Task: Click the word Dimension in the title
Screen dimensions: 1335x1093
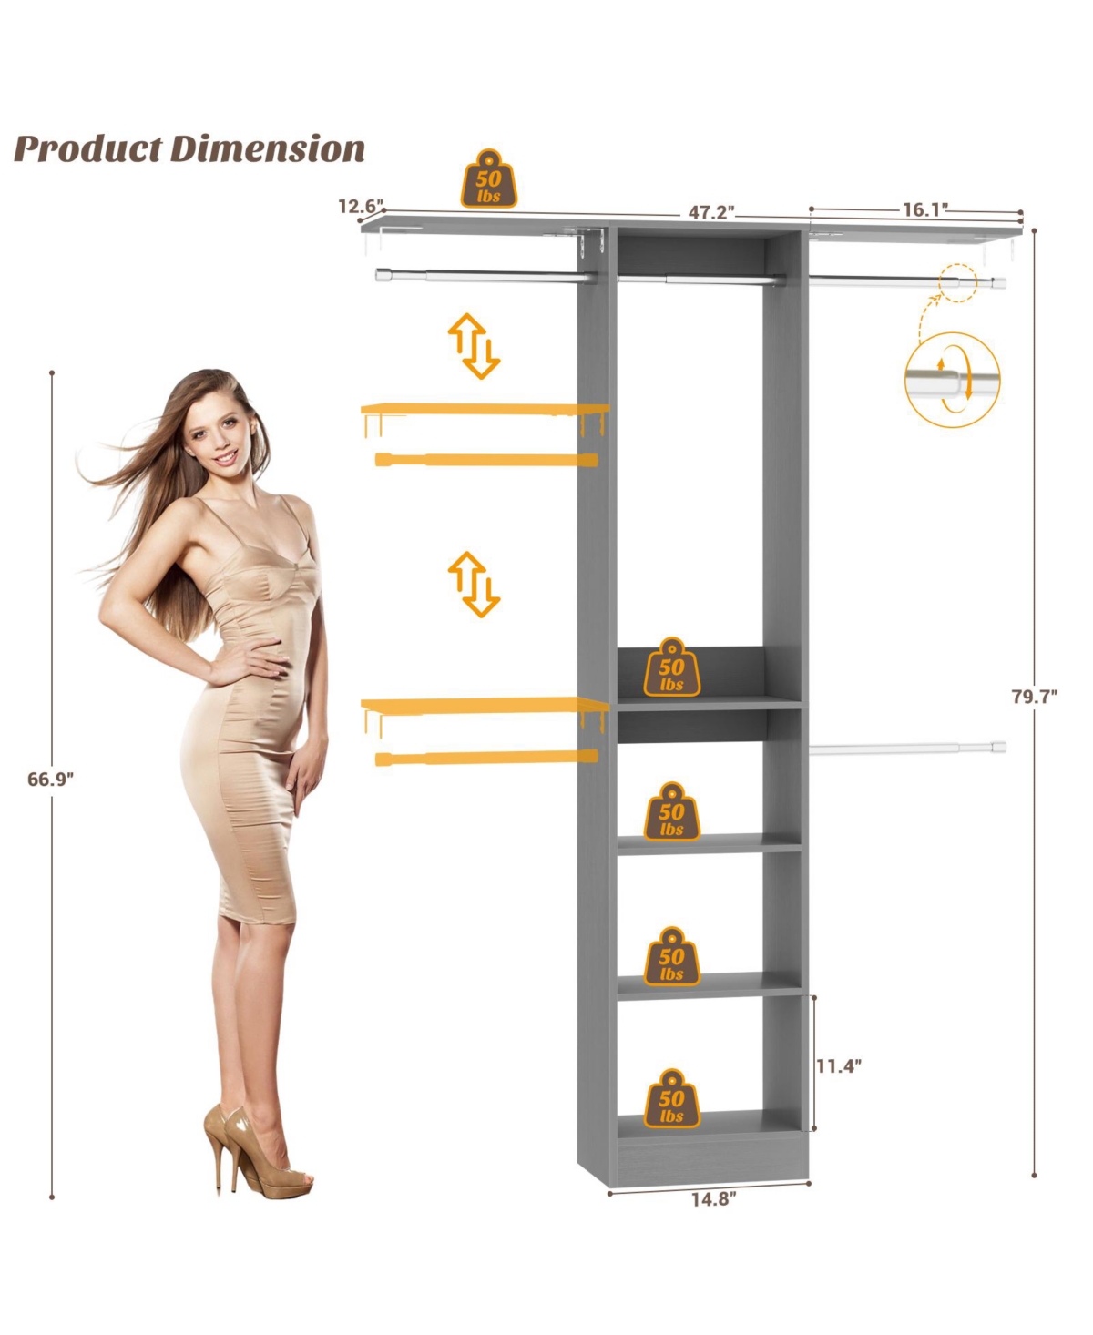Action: coord(268,149)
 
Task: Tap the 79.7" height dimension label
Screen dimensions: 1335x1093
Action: coord(1034,697)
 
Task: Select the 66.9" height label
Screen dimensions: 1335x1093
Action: coord(50,780)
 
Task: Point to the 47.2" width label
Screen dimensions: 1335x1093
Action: coord(710,212)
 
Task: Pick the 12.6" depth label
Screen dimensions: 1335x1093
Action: coord(361,207)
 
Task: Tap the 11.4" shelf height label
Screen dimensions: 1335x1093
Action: coord(838,1065)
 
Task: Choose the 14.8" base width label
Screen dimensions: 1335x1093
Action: coord(712,1199)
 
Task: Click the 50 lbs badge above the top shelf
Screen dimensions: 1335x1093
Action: coord(489,179)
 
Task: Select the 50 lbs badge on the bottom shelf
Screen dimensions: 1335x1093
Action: coord(671,1100)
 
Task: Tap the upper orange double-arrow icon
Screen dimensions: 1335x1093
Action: coord(474,346)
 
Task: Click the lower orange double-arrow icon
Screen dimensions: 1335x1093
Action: coord(474,584)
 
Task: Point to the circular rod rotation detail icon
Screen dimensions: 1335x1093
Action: coord(952,380)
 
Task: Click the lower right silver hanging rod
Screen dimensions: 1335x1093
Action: coord(906,749)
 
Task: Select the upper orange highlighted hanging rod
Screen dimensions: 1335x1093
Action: coord(486,460)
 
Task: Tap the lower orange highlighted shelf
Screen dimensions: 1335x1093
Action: coord(485,705)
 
